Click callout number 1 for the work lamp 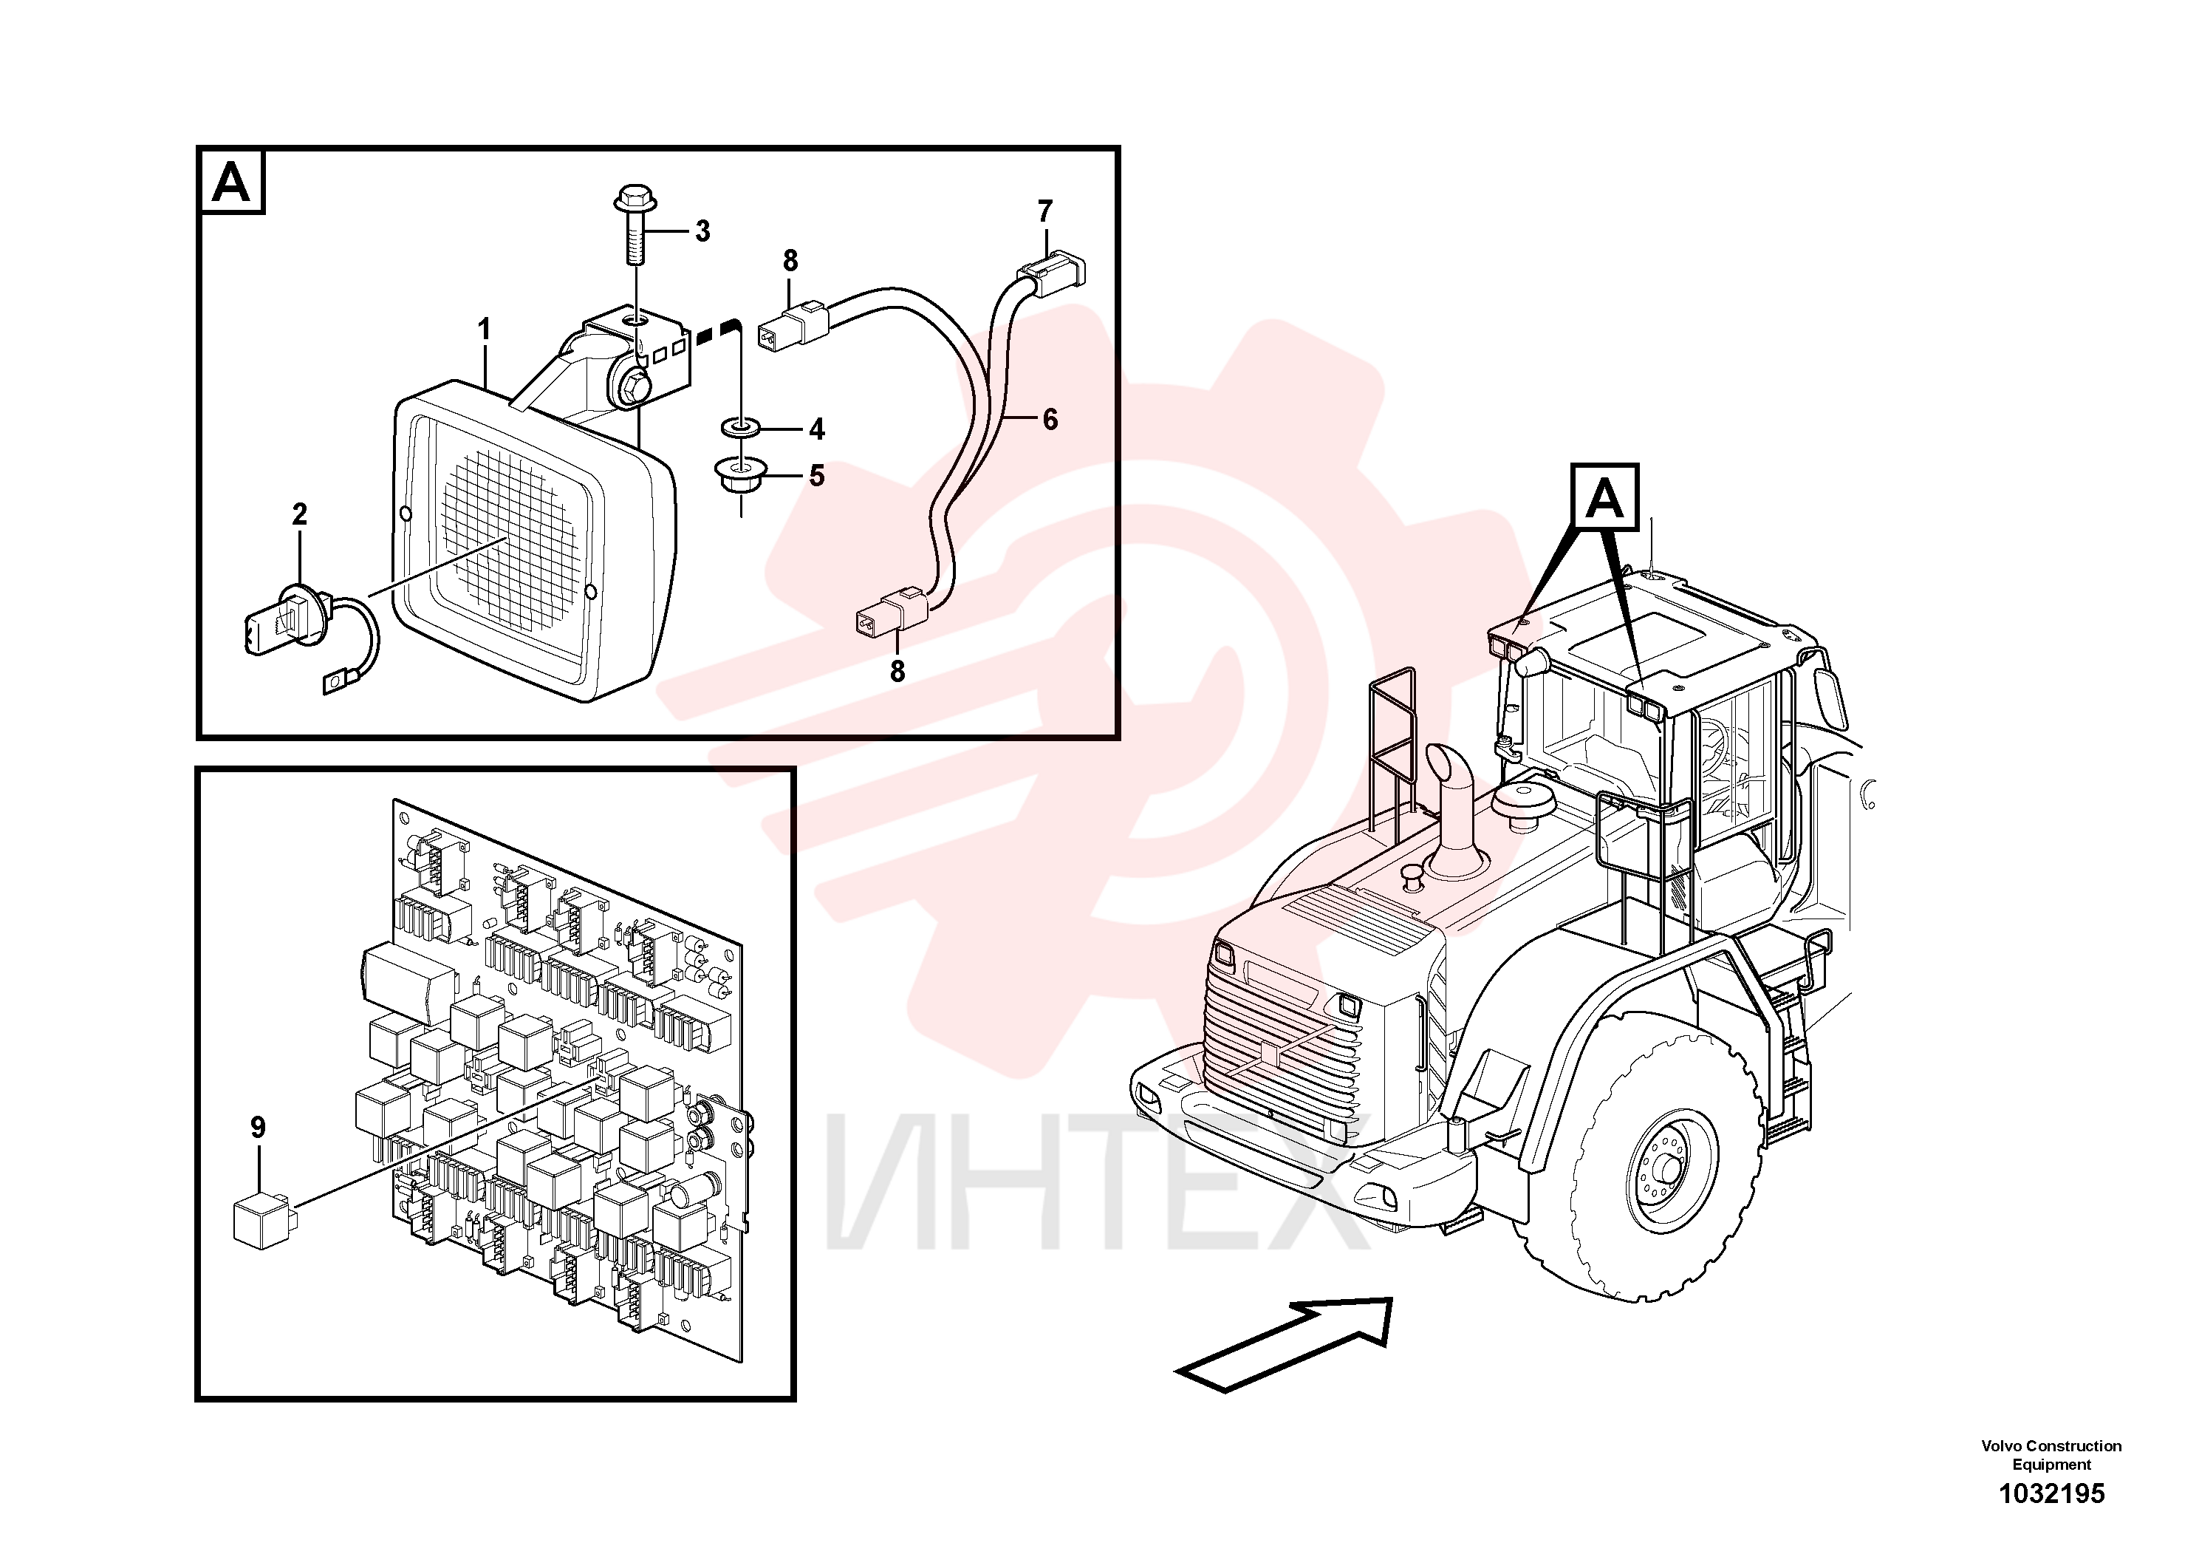[x=485, y=330]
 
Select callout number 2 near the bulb [x=300, y=514]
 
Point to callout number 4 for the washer [x=816, y=429]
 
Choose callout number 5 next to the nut [x=816, y=475]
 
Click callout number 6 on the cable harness [x=1050, y=419]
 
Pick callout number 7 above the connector [x=1045, y=211]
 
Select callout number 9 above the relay [x=258, y=1128]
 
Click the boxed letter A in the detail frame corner [x=230, y=181]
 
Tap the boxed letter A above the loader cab [x=1605, y=498]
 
